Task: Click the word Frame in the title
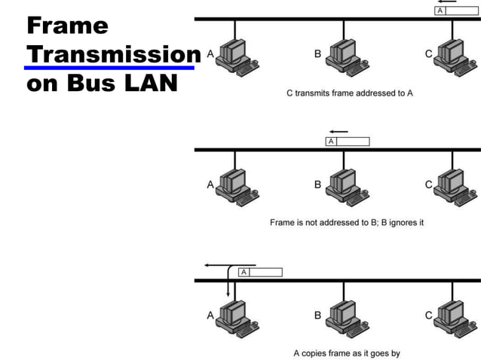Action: [x=67, y=26]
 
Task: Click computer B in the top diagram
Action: [x=345, y=54]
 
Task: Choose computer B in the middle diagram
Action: [x=345, y=185]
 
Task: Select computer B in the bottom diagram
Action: [x=345, y=316]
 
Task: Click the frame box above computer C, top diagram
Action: [x=457, y=11]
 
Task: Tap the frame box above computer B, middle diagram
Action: [x=348, y=141]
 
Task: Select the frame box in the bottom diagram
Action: [x=260, y=272]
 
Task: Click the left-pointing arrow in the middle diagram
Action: [x=339, y=131]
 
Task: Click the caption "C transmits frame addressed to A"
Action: [x=350, y=93]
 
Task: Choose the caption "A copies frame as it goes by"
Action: [x=346, y=352]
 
